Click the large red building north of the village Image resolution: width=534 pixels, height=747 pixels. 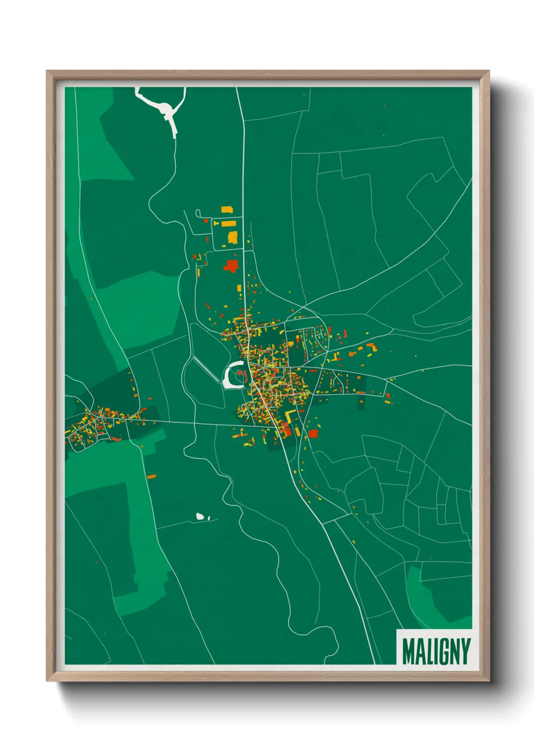point(231,265)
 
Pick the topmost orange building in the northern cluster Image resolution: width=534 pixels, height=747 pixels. point(227,209)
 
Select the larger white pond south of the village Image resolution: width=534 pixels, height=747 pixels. point(200,516)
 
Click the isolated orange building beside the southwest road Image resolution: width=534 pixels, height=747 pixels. point(151,476)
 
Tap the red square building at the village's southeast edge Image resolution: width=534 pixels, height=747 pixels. point(313,433)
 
